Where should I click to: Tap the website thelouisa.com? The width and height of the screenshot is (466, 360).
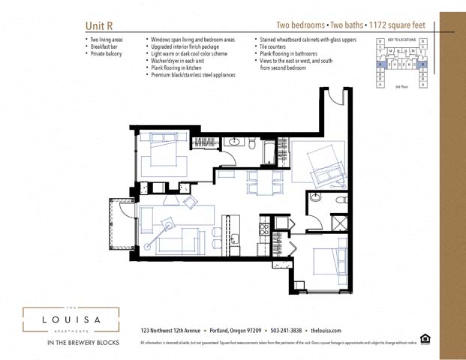coord(326,331)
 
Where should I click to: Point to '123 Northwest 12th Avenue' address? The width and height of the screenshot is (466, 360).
coord(170,331)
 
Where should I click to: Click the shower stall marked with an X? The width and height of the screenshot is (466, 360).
coord(338,221)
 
